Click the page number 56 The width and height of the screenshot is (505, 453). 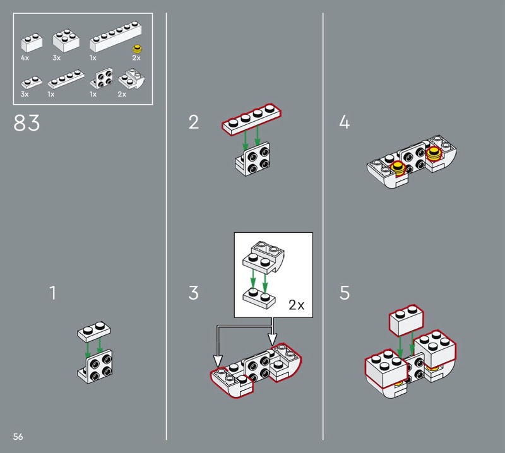tap(18, 437)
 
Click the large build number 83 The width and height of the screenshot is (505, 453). tap(27, 122)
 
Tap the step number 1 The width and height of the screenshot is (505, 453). tap(53, 293)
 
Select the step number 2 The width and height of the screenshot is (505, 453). tap(194, 122)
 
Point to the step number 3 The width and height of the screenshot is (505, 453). tap(193, 293)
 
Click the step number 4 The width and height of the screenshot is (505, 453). tap(344, 122)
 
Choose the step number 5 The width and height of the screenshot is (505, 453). tap(344, 293)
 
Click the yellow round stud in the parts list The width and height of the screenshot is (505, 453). tap(138, 49)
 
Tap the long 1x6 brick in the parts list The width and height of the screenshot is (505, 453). tap(116, 37)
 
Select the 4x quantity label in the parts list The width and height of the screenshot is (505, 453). tap(25, 58)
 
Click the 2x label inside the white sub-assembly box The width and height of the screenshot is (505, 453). tap(296, 305)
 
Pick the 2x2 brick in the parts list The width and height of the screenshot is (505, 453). tap(66, 40)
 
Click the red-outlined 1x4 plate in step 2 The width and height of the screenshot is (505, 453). tap(251, 119)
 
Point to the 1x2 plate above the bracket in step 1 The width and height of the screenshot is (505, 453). tap(93, 331)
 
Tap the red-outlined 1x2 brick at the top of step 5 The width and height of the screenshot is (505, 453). tap(407, 321)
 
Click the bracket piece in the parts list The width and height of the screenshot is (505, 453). tap(102, 78)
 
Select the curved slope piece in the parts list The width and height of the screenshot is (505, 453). tap(131, 79)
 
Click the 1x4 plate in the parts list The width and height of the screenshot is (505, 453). tap(66, 79)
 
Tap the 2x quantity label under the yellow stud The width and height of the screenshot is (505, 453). tap(136, 58)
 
